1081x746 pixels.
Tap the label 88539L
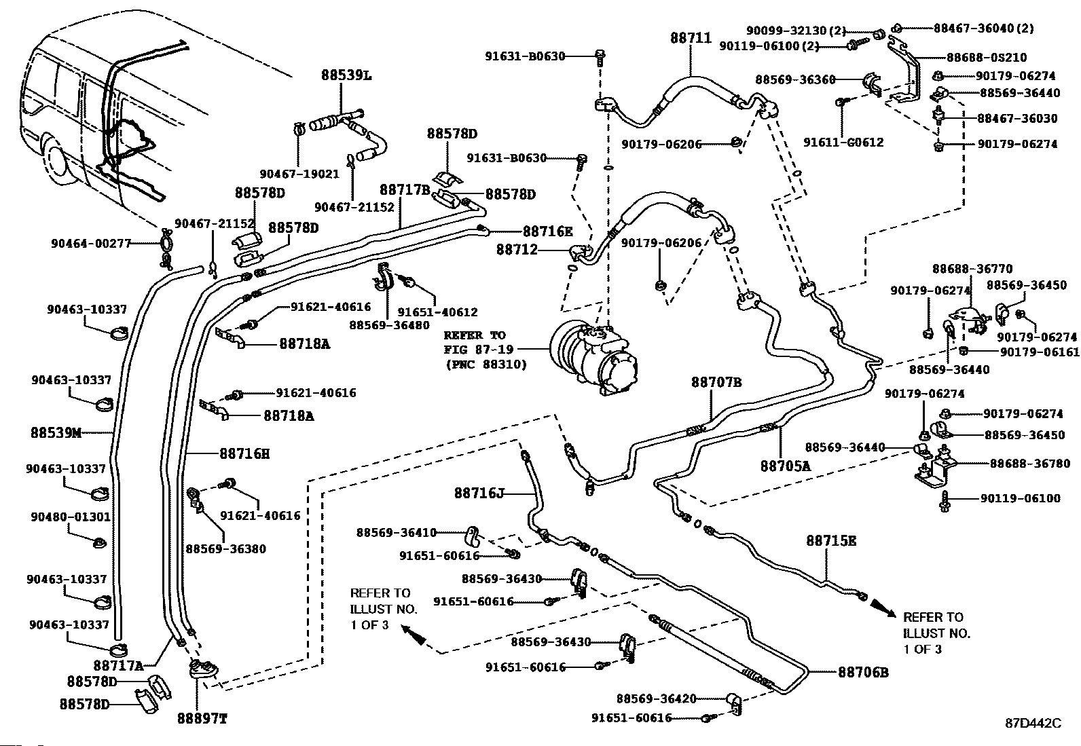(x=346, y=75)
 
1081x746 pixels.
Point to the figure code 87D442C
(x=1033, y=724)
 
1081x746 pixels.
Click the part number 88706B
(x=863, y=672)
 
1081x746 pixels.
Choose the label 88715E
(x=831, y=541)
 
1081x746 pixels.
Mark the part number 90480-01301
(x=70, y=517)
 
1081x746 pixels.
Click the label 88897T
(x=202, y=719)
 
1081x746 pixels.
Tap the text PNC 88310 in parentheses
(x=486, y=364)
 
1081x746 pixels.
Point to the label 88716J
(x=479, y=493)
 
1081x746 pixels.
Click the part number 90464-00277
(x=90, y=242)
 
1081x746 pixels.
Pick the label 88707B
(x=716, y=383)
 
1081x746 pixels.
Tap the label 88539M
(x=56, y=432)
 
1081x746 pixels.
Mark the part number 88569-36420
(x=656, y=698)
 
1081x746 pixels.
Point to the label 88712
(x=517, y=250)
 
